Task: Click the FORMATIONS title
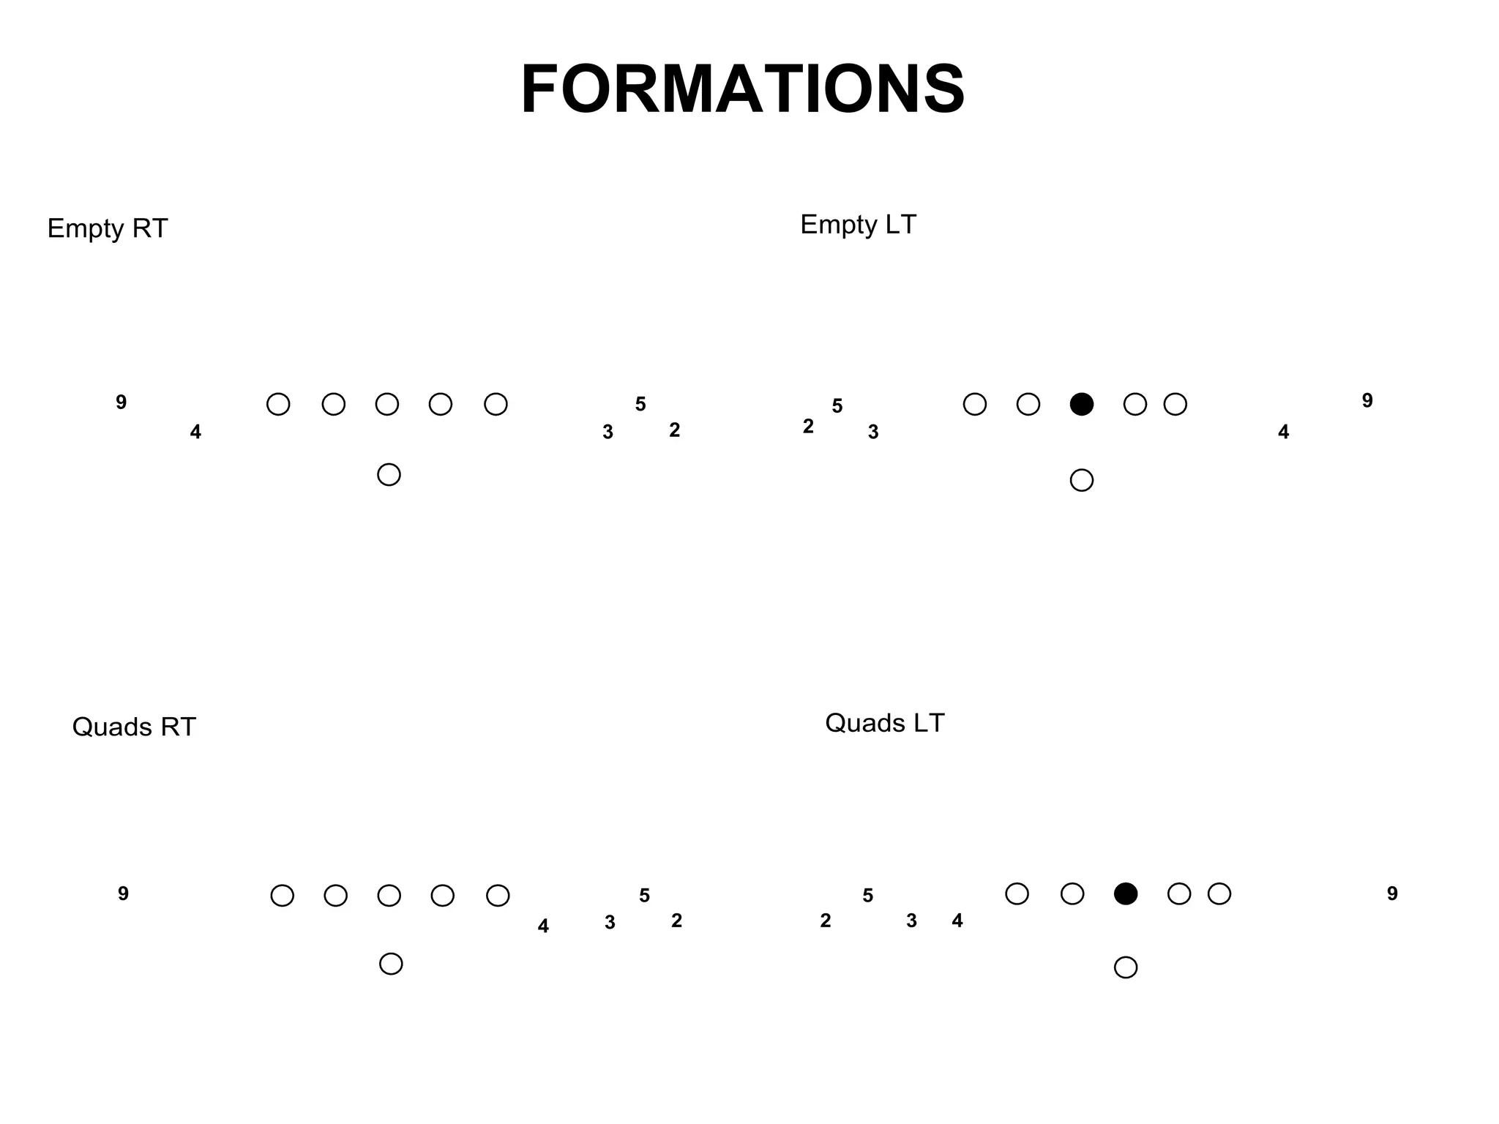point(742,89)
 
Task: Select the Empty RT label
point(108,228)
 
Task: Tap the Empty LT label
point(858,224)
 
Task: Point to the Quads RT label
point(134,727)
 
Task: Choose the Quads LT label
point(884,723)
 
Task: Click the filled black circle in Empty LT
point(1081,404)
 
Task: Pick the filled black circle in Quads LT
point(1125,893)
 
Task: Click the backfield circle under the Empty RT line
point(389,474)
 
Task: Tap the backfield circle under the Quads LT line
point(1125,967)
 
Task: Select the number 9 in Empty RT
point(122,402)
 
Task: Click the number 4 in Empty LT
point(1283,432)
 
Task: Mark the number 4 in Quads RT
point(542,926)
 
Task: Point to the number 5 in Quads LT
point(867,896)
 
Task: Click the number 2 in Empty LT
point(808,426)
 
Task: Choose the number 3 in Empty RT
point(608,432)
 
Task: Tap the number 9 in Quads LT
point(1392,893)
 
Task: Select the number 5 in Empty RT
point(640,404)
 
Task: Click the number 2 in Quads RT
point(676,921)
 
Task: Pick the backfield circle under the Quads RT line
point(391,964)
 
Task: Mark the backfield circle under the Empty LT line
point(1081,480)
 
